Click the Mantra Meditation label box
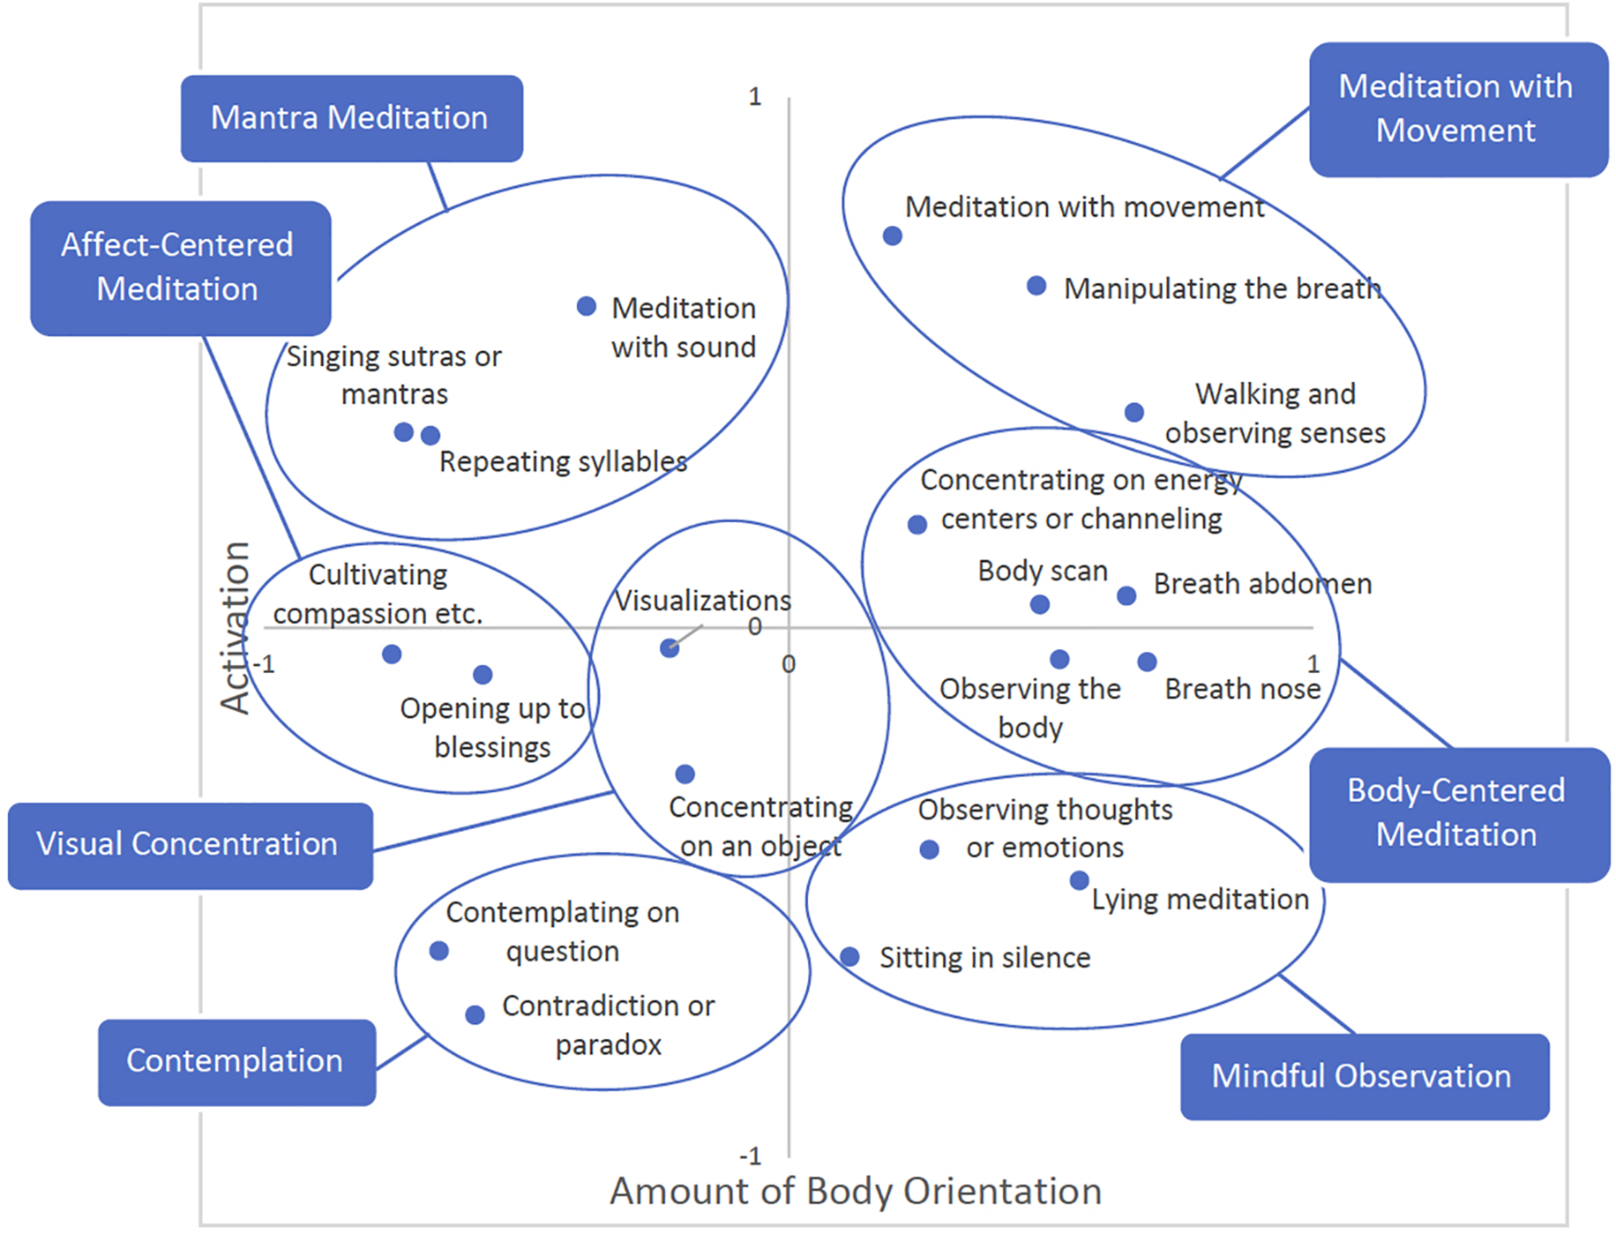(x=351, y=118)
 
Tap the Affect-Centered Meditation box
(x=180, y=268)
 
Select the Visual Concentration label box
(x=189, y=845)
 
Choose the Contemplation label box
(x=237, y=1061)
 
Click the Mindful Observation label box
(x=1363, y=1077)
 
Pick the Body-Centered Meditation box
(x=1458, y=814)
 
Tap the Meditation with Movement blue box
(x=1458, y=109)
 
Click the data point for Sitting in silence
(x=850, y=956)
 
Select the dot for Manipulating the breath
(x=1036, y=286)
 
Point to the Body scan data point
(x=1039, y=604)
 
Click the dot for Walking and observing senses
(x=1134, y=412)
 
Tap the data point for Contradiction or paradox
(x=475, y=1015)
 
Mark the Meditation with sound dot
(x=586, y=306)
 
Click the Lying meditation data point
(x=1079, y=880)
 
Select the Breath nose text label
(x=1242, y=689)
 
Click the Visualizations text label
(x=702, y=601)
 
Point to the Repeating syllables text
(x=562, y=462)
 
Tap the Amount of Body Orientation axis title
(x=855, y=1191)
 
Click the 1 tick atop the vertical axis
(x=754, y=97)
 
